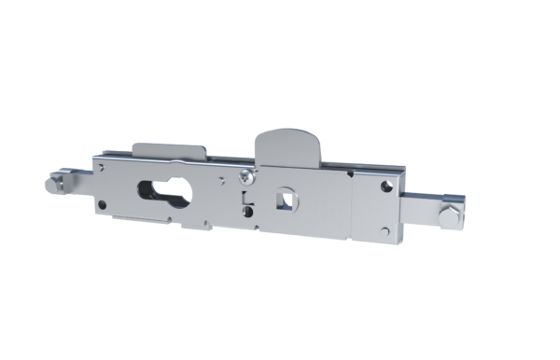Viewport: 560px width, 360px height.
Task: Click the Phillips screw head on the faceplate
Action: click(245, 175)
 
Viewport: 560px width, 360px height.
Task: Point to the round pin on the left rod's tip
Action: click(53, 183)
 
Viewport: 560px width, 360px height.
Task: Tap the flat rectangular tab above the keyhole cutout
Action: click(171, 150)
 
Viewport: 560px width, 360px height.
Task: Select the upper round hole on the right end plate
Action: click(385, 187)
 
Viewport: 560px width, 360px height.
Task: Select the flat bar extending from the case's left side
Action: click(79, 177)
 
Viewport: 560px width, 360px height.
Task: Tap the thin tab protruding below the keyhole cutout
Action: click(140, 220)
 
